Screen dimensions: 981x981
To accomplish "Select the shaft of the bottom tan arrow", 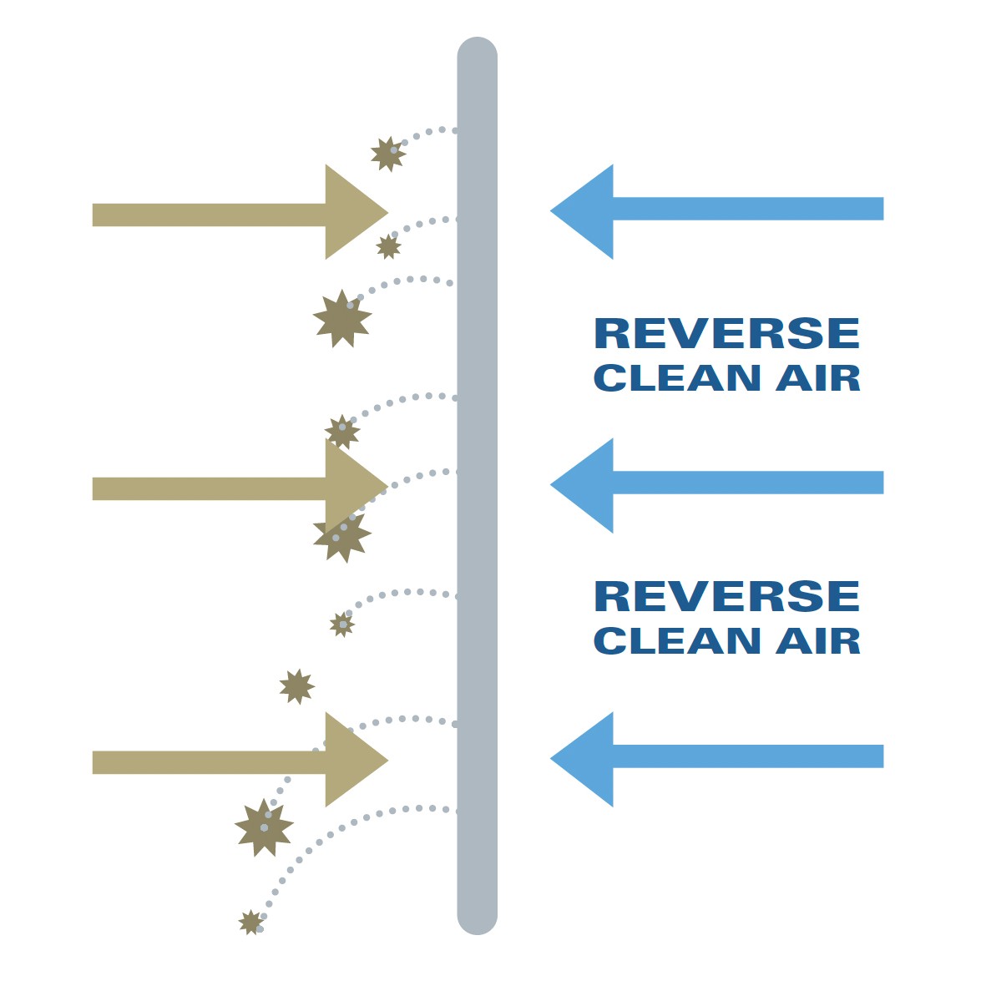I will coord(209,762).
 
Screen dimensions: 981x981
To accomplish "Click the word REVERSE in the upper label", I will coord(726,334).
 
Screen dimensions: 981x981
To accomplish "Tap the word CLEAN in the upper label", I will coord(677,378).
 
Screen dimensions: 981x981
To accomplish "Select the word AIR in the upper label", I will coord(818,378).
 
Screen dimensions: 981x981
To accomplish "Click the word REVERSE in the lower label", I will coord(726,597).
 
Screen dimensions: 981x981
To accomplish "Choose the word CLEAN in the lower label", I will coord(677,641).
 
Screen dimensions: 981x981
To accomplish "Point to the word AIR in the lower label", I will coord(818,641).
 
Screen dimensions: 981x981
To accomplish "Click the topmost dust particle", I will coord(387,154).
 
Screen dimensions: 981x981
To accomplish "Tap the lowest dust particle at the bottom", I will coord(250,922).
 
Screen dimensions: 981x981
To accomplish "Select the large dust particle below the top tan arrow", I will coord(342,319).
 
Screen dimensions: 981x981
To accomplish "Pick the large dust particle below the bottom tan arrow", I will coord(264,827).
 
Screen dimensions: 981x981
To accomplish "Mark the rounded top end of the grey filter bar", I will coord(478,55).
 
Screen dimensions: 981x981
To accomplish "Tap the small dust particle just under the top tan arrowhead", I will coord(388,246).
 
